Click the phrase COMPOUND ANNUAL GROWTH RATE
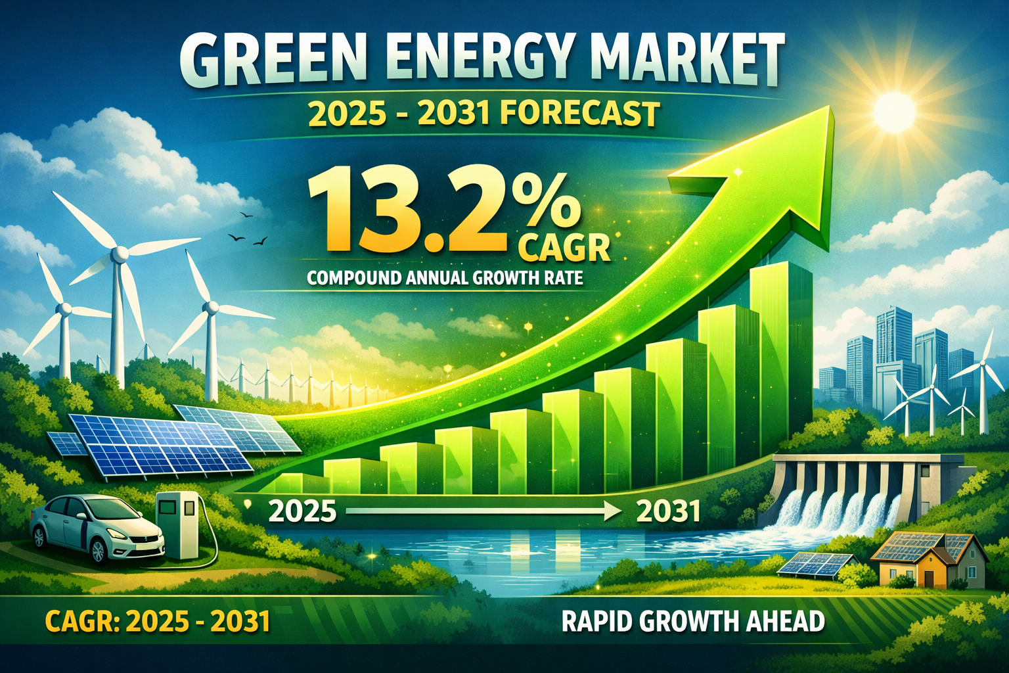click(445, 277)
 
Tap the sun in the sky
click(893, 110)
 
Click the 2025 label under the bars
click(302, 511)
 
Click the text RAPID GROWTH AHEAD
click(693, 621)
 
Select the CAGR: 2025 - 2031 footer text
click(158, 621)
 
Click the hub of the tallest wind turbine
click(120, 254)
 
